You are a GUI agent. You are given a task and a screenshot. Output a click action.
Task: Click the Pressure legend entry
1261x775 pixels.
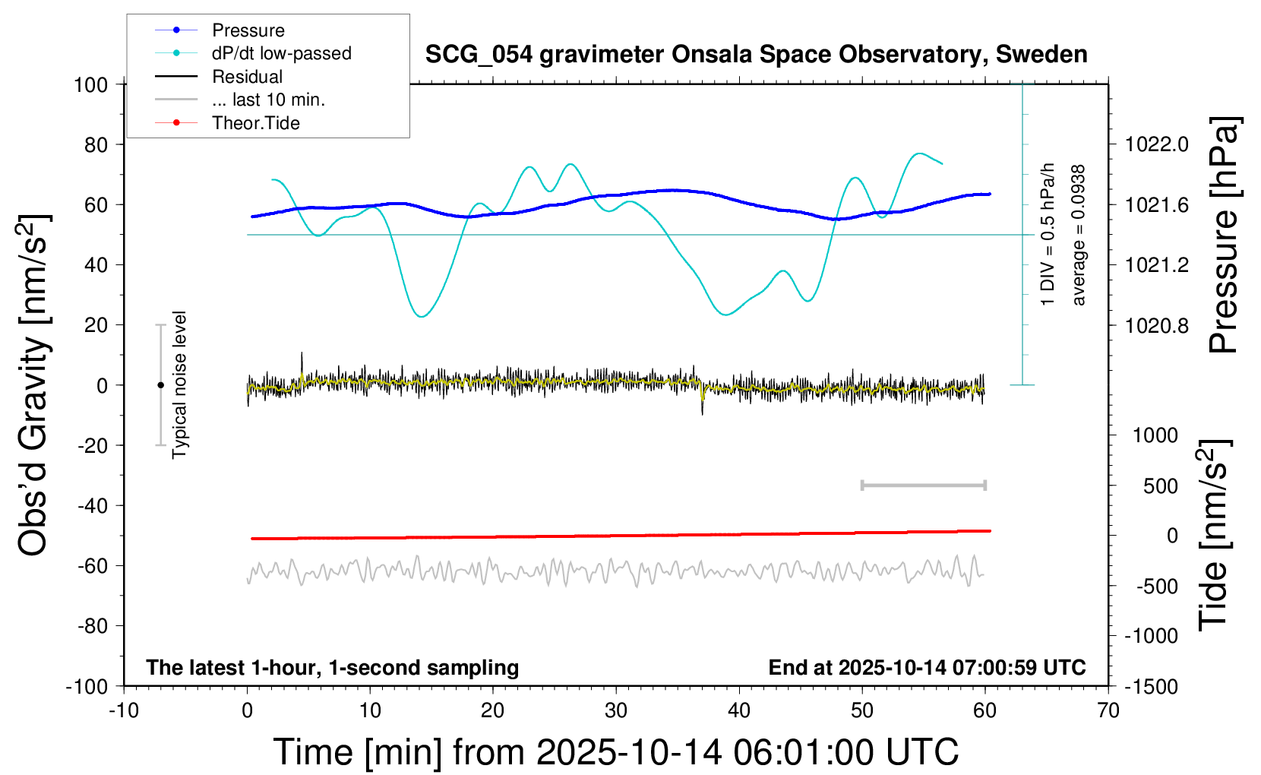tap(248, 30)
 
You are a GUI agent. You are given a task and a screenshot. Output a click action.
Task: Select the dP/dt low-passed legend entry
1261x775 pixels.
tap(281, 53)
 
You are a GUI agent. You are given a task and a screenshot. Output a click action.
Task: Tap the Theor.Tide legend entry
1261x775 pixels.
tap(255, 123)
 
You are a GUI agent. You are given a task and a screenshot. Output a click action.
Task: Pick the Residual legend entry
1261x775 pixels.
tap(247, 77)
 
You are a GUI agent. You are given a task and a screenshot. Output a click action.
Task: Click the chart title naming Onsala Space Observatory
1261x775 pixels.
tap(756, 55)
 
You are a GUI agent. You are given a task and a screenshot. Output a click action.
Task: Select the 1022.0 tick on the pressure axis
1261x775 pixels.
tap(1157, 144)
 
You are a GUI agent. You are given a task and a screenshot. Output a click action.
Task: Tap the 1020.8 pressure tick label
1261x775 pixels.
tap(1157, 325)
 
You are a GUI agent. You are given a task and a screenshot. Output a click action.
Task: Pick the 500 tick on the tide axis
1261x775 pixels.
tap(1161, 486)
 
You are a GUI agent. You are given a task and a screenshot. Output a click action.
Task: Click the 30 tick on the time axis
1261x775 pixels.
tap(616, 710)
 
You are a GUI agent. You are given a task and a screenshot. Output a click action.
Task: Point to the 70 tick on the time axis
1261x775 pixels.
tap(1108, 710)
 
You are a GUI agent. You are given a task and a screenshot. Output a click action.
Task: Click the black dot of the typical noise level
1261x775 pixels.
tap(160, 385)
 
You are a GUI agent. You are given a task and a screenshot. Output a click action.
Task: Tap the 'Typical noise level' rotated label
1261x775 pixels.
tap(179, 384)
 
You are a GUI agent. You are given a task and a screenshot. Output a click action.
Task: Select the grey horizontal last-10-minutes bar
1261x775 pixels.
tap(923, 485)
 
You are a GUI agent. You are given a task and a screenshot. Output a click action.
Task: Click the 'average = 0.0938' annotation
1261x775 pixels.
tap(1079, 236)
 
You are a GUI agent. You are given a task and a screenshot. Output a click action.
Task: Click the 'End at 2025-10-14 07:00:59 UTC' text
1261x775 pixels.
tap(927, 667)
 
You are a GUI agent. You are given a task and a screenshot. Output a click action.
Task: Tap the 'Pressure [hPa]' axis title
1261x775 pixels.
tap(1224, 236)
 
